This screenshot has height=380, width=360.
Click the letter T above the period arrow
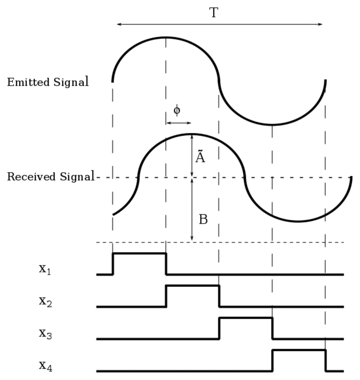pyautogui.click(x=214, y=13)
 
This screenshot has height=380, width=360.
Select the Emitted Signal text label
pyautogui.click(x=48, y=82)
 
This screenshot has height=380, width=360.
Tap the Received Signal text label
pyautogui.click(x=51, y=177)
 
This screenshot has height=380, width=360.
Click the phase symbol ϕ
pyautogui.click(x=177, y=110)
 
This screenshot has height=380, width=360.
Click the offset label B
pyautogui.click(x=203, y=220)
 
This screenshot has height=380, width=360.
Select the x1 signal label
pyautogui.click(x=45, y=269)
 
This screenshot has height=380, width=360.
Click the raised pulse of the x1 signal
pyautogui.click(x=139, y=253)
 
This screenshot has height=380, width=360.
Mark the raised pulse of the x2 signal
pyautogui.click(x=193, y=286)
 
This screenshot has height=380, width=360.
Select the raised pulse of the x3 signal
pyautogui.click(x=246, y=318)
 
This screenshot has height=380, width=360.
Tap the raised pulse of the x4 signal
pyautogui.click(x=299, y=350)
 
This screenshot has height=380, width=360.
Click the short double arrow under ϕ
pyautogui.click(x=178, y=123)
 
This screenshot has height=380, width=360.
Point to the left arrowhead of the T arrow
pyautogui.click(x=118, y=24)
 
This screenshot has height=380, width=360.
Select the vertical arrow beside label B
pyautogui.click(x=192, y=210)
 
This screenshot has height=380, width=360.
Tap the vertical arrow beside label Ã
pyautogui.click(x=192, y=156)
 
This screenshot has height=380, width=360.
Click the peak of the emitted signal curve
pyautogui.click(x=166, y=37)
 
